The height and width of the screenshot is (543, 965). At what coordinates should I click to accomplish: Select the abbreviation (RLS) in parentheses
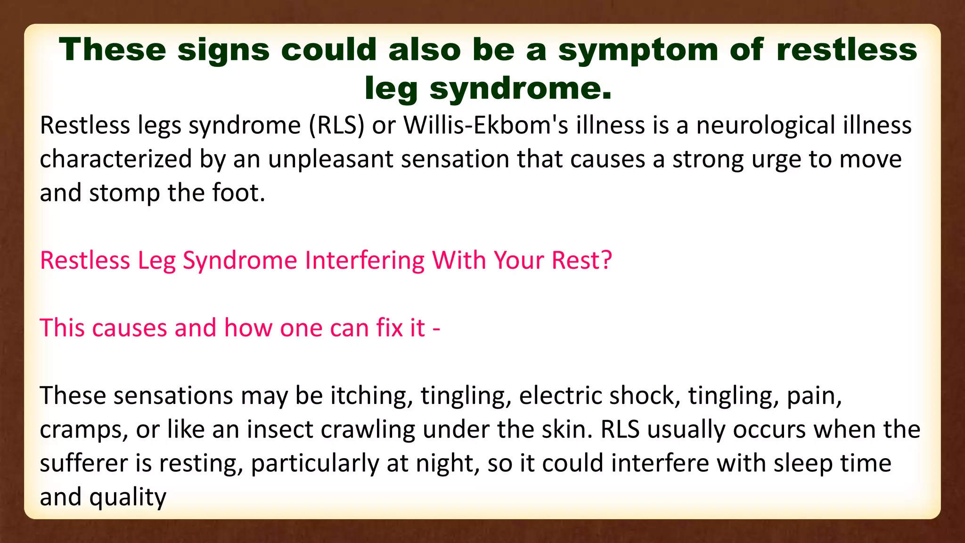click(x=337, y=126)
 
